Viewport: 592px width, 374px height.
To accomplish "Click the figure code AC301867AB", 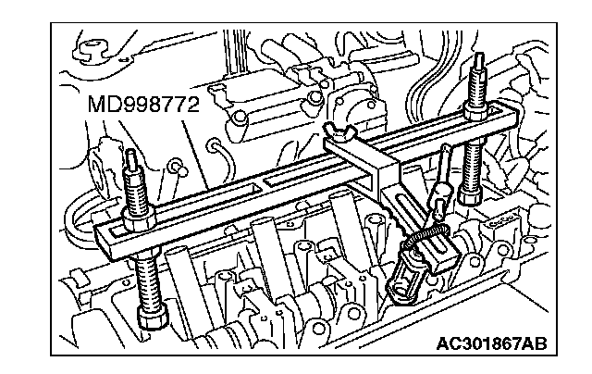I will click(491, 344).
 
